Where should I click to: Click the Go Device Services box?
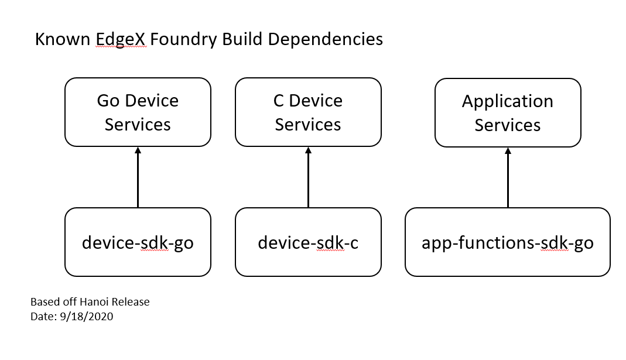[x=138, y=112]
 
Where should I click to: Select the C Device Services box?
[x=308, y=112]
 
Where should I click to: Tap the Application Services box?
[x=508, y=112]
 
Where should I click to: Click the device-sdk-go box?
[x=138, y=242]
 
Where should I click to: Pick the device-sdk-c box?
[x=308, y=242]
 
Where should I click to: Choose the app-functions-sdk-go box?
[x=508, y=242]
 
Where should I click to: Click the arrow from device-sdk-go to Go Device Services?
[x=138, y=179]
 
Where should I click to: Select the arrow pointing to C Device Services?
[x=308, y=179]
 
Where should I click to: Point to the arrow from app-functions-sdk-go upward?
[x=508, y=179]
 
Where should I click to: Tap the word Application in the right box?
[x=508, y=101]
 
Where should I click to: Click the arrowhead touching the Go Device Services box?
[x=138, y=150]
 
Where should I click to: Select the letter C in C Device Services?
[x=279, y=101]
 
